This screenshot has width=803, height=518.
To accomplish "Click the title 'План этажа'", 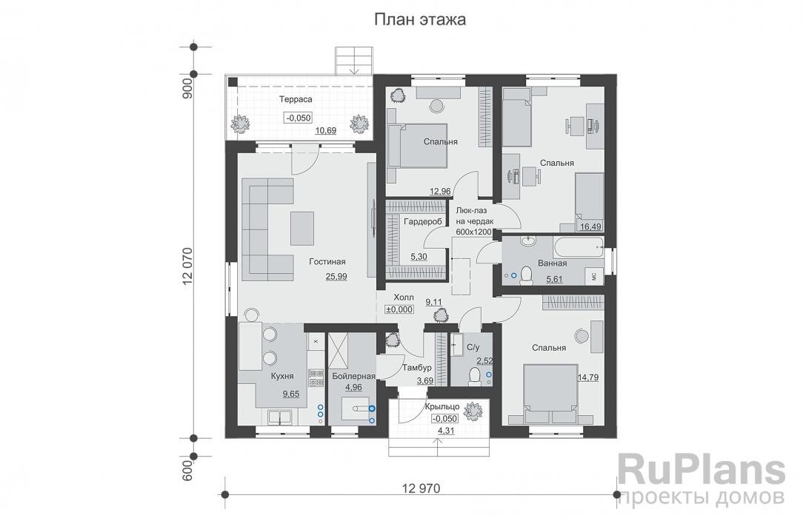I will (x=419, y=20).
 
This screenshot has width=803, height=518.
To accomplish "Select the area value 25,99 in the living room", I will (x=336, y=276).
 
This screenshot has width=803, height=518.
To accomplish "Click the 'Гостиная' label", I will (x=328, y=261).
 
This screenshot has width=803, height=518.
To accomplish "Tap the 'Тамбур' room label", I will (x=413, y=367).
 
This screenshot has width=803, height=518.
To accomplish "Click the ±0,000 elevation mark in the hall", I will (x=399, y=310).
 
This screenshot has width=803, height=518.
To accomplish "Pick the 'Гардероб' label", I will (x=423, y=221).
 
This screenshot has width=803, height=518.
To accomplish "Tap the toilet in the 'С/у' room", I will (x=475, y=377).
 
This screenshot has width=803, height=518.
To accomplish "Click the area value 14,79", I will (x=590, y=377).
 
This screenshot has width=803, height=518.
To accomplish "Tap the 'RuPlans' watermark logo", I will (x=701, y=470).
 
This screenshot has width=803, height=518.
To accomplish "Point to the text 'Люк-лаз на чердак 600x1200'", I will (x=473, y=221).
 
